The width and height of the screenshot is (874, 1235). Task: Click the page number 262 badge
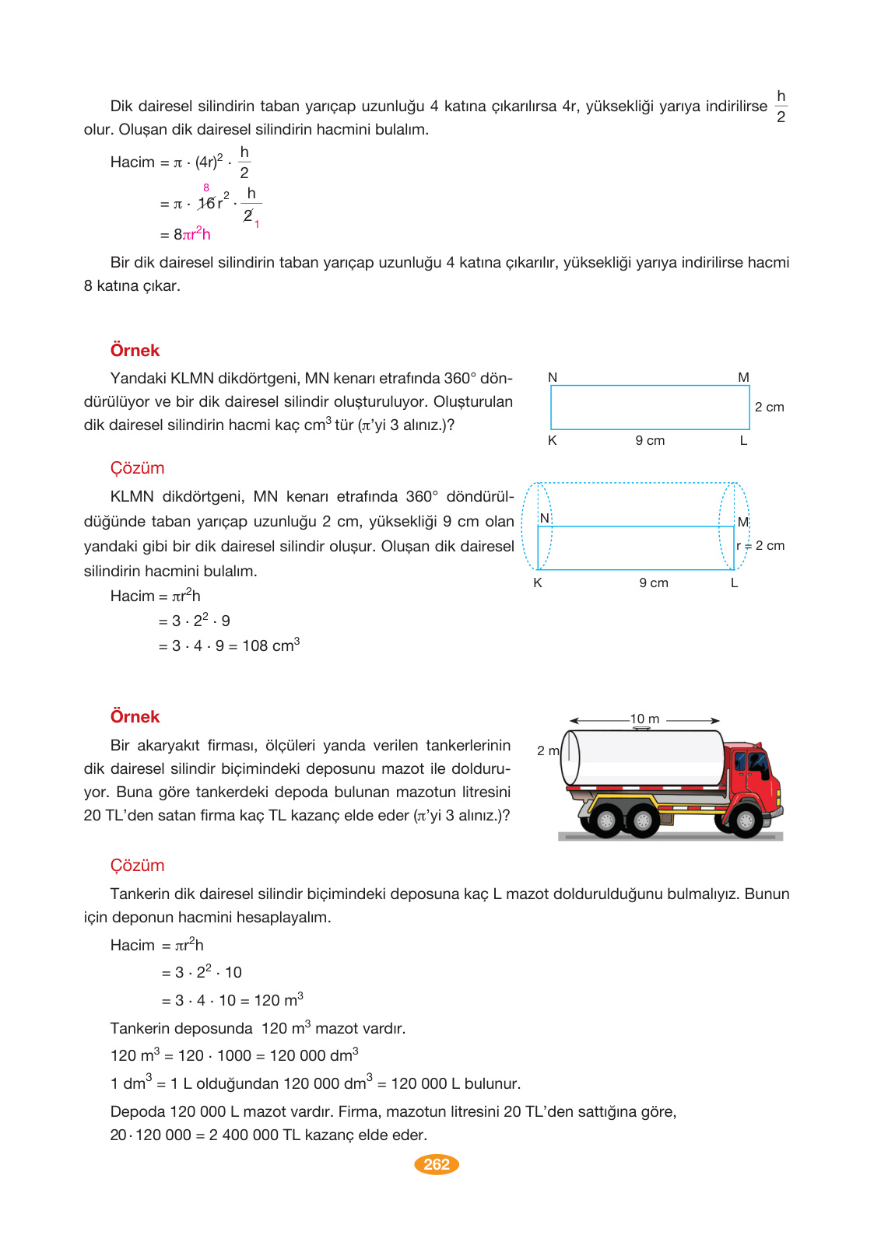pyautogui.click(x=437, y=1164)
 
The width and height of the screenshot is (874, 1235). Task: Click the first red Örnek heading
pyautogui.click(x=135, y=351)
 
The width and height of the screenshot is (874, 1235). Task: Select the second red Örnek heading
pyautogui.click(x=135, y=717)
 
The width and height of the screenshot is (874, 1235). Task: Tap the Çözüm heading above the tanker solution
pyautogui.click(x=137, y=866)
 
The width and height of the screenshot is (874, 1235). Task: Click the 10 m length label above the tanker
pyautogui.click(x=644, y=719)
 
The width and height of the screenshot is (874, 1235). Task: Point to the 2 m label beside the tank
pyautogui.click(x=547, y=750)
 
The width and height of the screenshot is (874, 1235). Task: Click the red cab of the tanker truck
pyautogui.click(x=751, y=778)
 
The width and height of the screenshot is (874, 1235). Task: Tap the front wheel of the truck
pyautogui.click(x=745, y=820)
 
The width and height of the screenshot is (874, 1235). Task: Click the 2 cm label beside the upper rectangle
pyautogui.click(x=769, y=408)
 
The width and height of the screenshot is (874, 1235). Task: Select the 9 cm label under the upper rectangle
pyautogui.click(x=650, y=441)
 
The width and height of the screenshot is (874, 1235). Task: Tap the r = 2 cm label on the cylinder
pyautogui.click(x=760, y=546)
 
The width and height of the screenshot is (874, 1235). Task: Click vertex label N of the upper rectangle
pyautogui.click(x=553, y=378)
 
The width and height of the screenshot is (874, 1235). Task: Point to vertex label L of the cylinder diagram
pyautogui.click(x=734, y=583)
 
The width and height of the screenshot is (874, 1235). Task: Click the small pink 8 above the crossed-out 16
pyautogui.click(x=206, y=188)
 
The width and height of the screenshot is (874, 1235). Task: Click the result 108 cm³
pyautogui.click(x=270, y=645)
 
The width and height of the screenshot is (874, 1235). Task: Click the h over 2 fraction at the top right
pyautogui.click(x=781, y=107)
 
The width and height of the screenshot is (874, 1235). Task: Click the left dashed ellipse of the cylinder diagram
pyautogui.click(x=536, y=527)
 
